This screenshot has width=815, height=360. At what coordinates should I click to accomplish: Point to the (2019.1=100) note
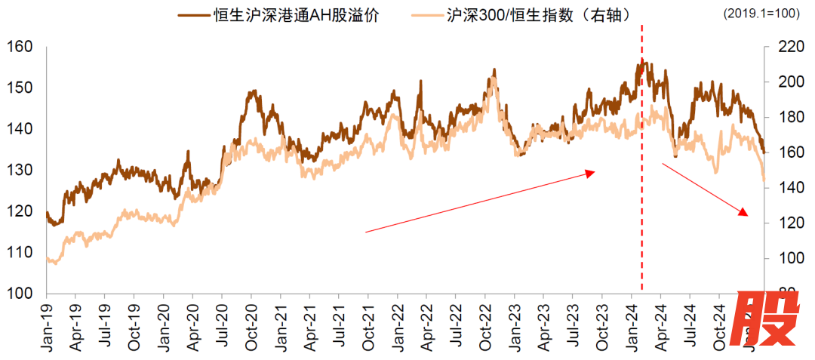tap(765, 14)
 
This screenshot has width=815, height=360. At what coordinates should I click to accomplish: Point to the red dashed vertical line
tap(642, 189)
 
